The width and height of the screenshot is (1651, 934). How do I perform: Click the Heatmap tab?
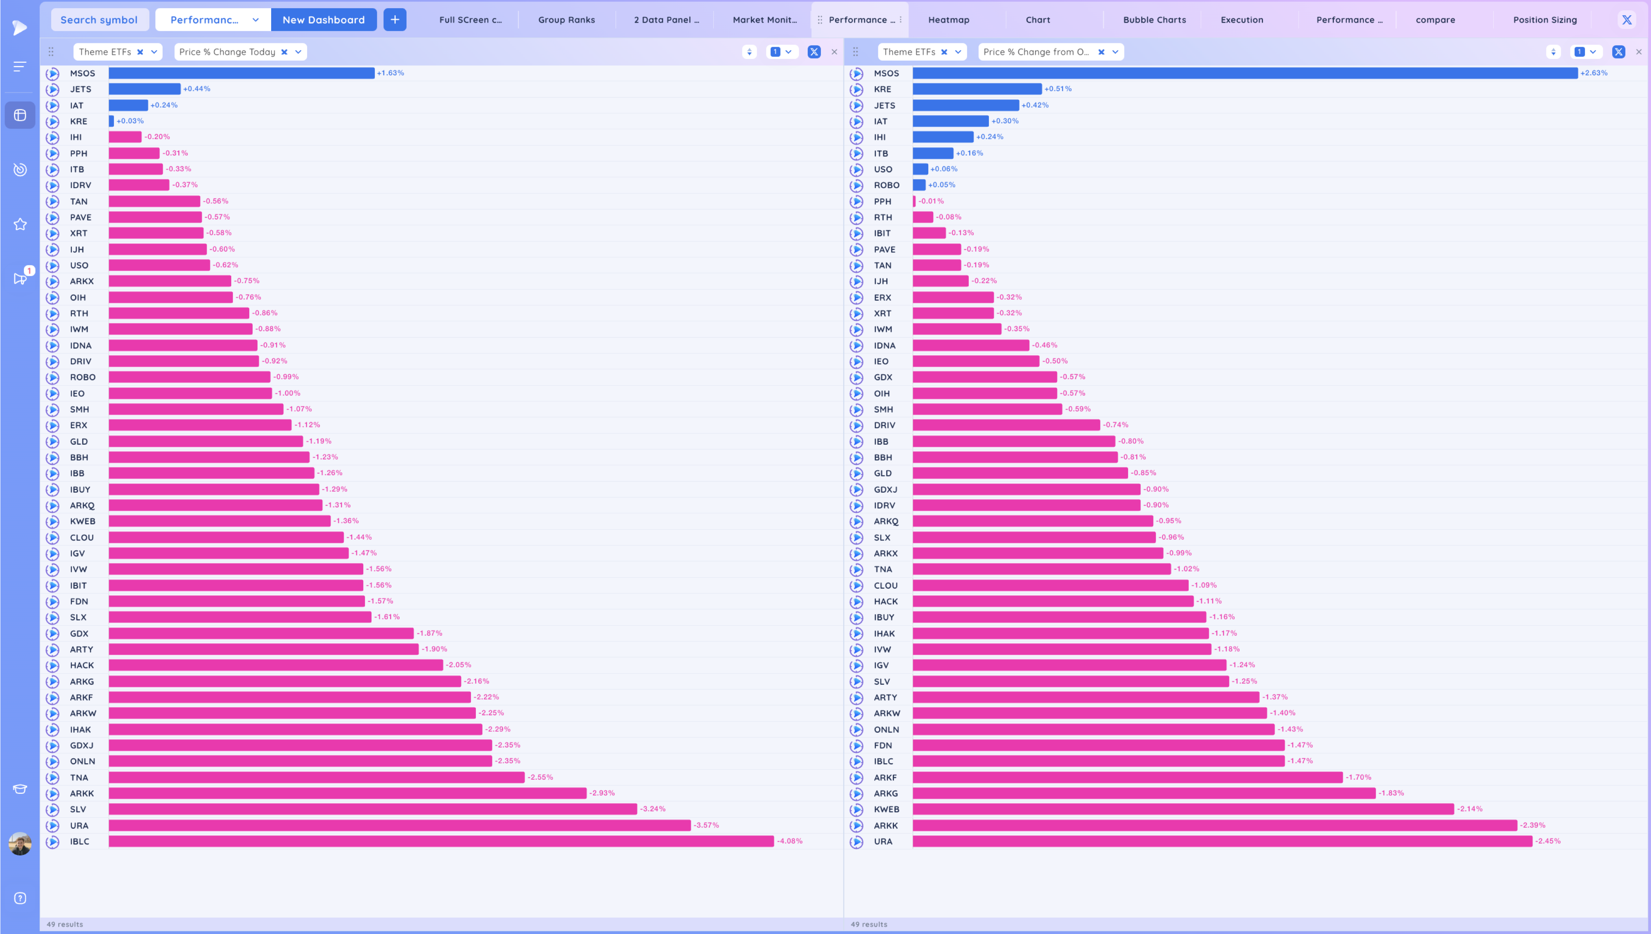coord(948,20)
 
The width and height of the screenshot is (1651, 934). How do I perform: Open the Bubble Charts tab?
coord(1154,20)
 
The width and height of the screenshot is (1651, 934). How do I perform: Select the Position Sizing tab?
coord(1545,20)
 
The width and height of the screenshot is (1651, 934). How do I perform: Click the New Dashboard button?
coord(324,20)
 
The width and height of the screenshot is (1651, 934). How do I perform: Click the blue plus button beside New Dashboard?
coord(395,20)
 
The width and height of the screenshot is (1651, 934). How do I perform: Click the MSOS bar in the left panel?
coord(241,73)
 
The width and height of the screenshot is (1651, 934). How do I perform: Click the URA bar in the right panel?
coord(1222,841)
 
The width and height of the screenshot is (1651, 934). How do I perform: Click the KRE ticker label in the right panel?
coord(882,89)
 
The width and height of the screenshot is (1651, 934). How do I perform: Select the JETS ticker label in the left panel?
coord(81,89)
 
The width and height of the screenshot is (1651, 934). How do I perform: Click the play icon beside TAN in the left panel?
coord(52,201)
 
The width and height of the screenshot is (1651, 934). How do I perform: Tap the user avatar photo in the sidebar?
coord(20,844)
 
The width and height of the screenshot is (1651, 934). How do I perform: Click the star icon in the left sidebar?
coord(20,224)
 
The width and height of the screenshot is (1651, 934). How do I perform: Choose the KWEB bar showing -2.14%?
coord(1183,809)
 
